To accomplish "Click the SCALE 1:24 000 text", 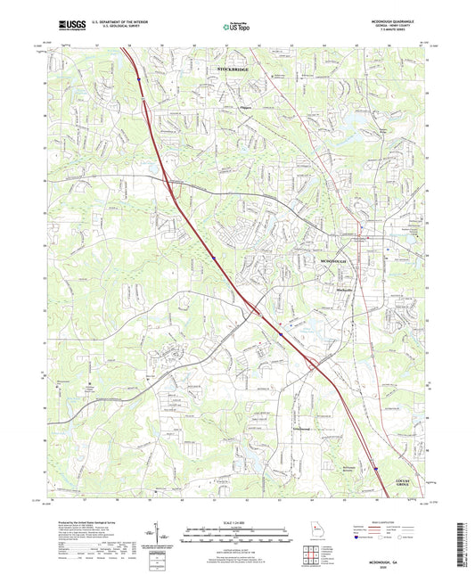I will [237, 521].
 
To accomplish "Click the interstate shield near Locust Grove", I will [375, 465].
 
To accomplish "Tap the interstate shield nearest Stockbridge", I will [139, 79].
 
